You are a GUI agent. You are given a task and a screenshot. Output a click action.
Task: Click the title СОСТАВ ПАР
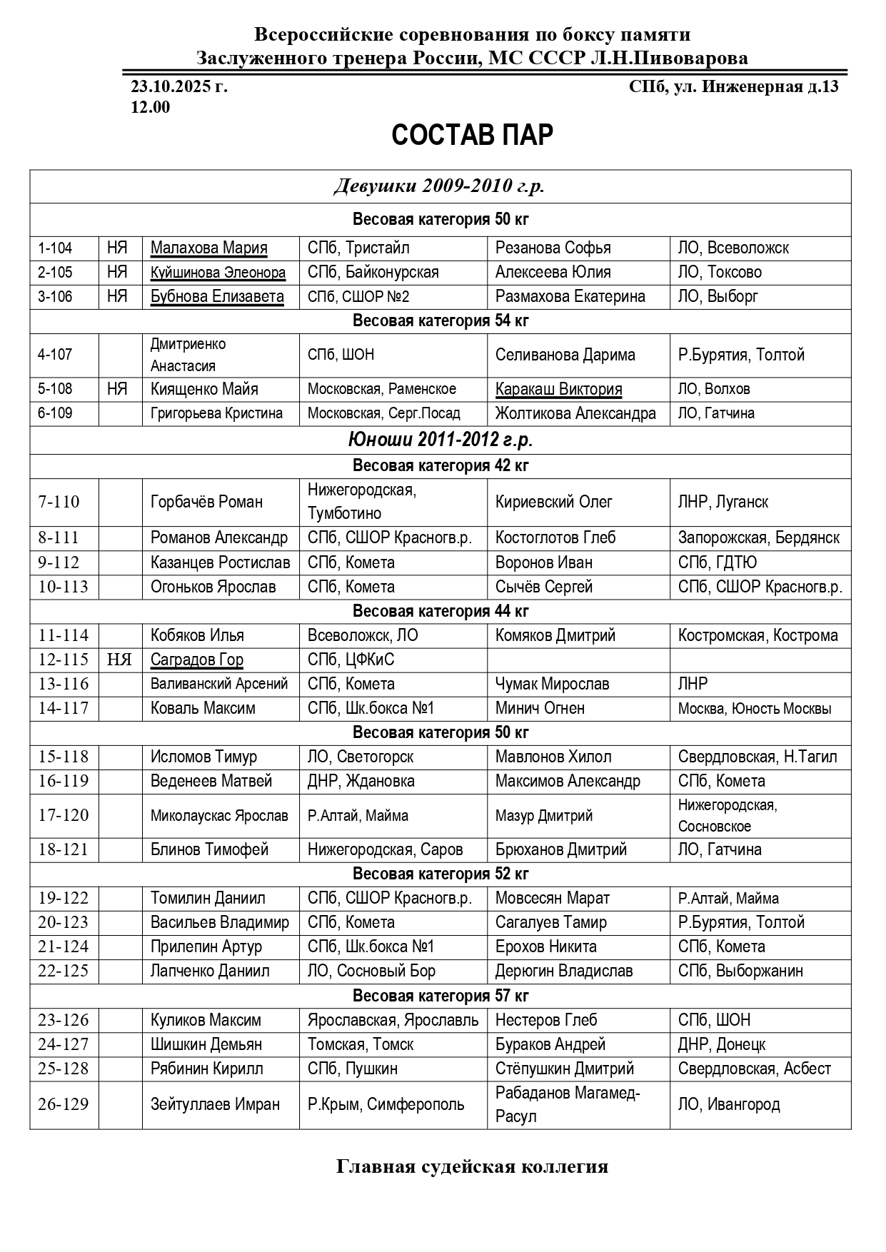(x=472, y=135)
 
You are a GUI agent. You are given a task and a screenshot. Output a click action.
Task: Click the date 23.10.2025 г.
(x=179, y=87)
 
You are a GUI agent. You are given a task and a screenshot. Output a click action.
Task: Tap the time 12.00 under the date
(x=151, y=107)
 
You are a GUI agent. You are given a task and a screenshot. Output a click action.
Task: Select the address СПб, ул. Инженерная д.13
(x=733, y=87)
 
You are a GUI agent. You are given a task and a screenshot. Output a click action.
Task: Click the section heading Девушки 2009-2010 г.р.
(x=440, y=186)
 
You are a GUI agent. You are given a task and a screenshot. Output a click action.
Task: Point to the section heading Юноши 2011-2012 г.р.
(x=440, y=440)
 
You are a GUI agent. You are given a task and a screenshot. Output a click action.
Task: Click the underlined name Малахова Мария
(x=208, y=248)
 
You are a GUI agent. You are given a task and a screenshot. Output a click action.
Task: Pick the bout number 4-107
(x=55, y=355)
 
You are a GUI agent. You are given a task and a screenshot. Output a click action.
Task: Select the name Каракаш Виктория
(x=558, y=390)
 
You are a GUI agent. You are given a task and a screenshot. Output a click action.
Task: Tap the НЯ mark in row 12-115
(x=119, y=660)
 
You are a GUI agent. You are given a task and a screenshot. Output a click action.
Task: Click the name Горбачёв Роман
(x=206, y=502)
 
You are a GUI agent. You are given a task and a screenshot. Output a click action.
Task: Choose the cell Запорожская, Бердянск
(x=758, y=537)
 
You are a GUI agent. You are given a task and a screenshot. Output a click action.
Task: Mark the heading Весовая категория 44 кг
(x=440, y=611)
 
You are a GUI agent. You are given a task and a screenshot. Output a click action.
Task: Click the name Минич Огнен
(x=540, y=708)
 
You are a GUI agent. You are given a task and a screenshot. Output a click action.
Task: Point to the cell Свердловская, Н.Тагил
(x=757, y=757)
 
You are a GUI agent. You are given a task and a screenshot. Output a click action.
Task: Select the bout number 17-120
(x=64, y=815)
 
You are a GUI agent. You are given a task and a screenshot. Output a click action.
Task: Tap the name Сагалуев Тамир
(x=550, y=922)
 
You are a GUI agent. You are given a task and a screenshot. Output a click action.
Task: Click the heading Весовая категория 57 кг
(x=440, y=996)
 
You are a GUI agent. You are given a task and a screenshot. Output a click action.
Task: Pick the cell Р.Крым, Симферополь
(x=386, y=1104)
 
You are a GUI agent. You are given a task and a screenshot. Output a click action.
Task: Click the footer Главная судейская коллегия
(x=472, y=1166)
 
